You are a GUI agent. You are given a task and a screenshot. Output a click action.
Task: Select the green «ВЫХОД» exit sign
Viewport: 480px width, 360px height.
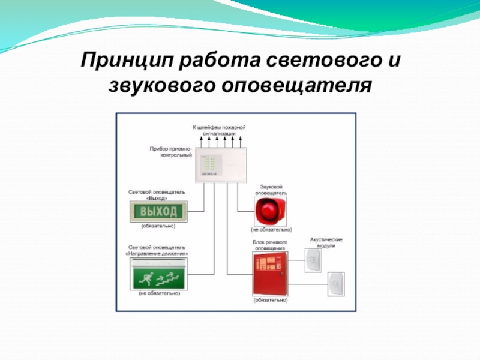coord(158,212)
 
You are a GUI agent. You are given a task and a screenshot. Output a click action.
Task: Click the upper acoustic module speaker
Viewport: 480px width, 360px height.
coord(313,260)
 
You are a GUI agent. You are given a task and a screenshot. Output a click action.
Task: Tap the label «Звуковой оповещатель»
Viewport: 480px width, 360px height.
coord(271,190)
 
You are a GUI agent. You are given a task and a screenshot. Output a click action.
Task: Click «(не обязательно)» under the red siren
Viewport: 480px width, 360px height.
coord(271,229)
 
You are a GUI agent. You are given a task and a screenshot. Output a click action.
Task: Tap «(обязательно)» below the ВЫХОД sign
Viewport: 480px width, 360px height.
coord(158,227)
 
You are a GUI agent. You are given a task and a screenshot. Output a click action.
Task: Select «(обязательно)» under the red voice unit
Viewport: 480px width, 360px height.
coord(271,299)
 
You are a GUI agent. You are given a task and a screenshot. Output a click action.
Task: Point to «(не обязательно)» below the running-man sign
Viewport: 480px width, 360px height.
coord(159,293)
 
